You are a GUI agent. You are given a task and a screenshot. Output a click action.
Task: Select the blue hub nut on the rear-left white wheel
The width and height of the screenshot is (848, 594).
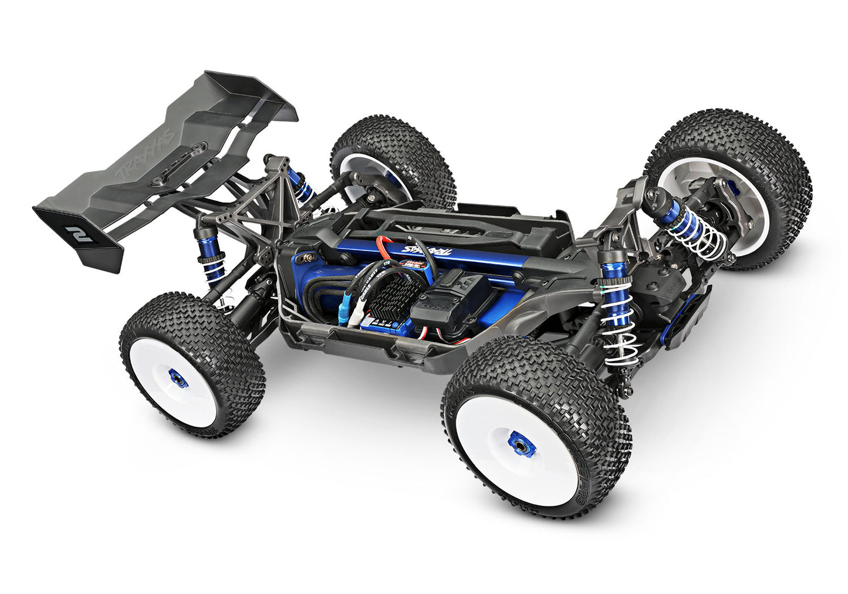click(x=178, y=379)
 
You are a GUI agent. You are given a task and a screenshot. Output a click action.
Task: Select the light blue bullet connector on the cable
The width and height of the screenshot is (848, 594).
click(x=343, y=308)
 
